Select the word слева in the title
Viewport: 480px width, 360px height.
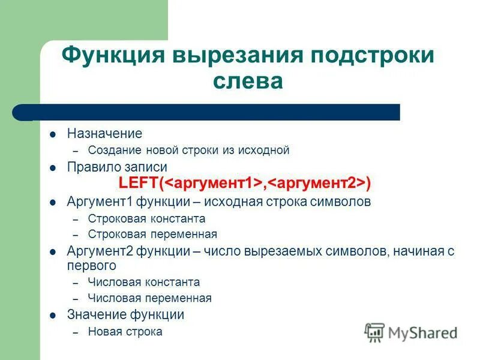(247, 81)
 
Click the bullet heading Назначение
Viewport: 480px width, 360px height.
(104, 134)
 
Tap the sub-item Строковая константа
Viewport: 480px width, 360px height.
(146, 219)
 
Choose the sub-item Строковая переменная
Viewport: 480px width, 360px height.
(152, 234)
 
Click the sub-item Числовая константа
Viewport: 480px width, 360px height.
(144, 282)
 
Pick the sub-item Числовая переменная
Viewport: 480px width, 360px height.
(149, 298)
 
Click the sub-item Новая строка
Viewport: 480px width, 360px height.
(125, 331)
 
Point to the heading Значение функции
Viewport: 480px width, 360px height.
(125, 314)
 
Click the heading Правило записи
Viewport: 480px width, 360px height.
(117, 167)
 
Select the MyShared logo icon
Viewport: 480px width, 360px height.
(374, 332)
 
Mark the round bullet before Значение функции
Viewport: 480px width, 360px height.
(53, 315)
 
